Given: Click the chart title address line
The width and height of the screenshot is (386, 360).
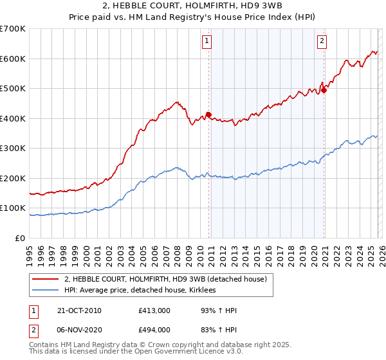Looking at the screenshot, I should click(192, 6).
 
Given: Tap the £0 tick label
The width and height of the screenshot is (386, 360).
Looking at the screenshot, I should click(21, 238).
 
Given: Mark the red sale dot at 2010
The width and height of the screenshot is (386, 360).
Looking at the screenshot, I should click(208, 114).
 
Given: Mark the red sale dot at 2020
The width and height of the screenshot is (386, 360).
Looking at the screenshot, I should click(324, 90).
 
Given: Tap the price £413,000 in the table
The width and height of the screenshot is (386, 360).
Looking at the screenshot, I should click(154, 310).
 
